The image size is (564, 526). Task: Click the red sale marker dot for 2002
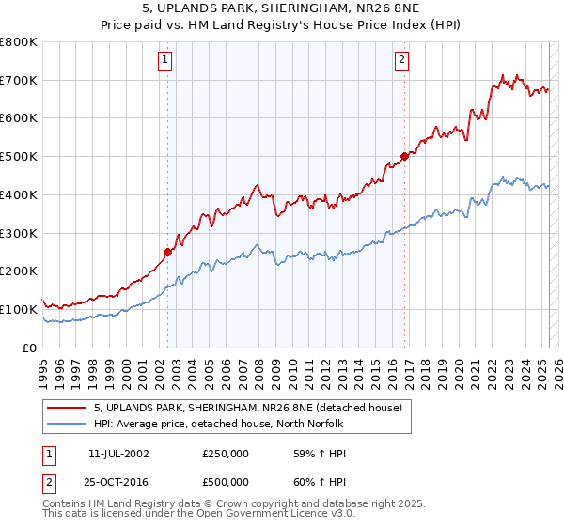pyautogui.click(x=167, y=252)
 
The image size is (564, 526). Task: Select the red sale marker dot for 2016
pyautogui.click(x=404, y=156)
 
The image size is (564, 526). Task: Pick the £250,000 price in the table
pyautogui.click(x=226, y=454)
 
